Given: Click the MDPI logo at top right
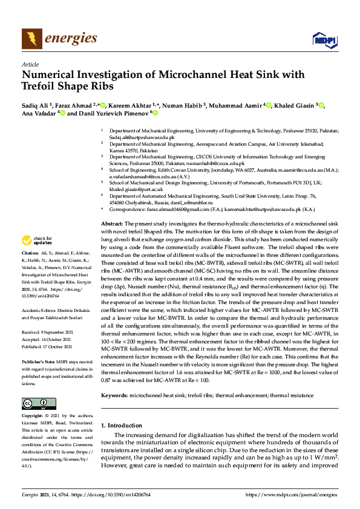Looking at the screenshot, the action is pos(324,40).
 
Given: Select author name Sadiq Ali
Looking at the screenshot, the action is pos(34,105).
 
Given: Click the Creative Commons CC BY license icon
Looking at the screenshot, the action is pos(34,404).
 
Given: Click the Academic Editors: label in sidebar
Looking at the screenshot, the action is pos(38,310).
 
